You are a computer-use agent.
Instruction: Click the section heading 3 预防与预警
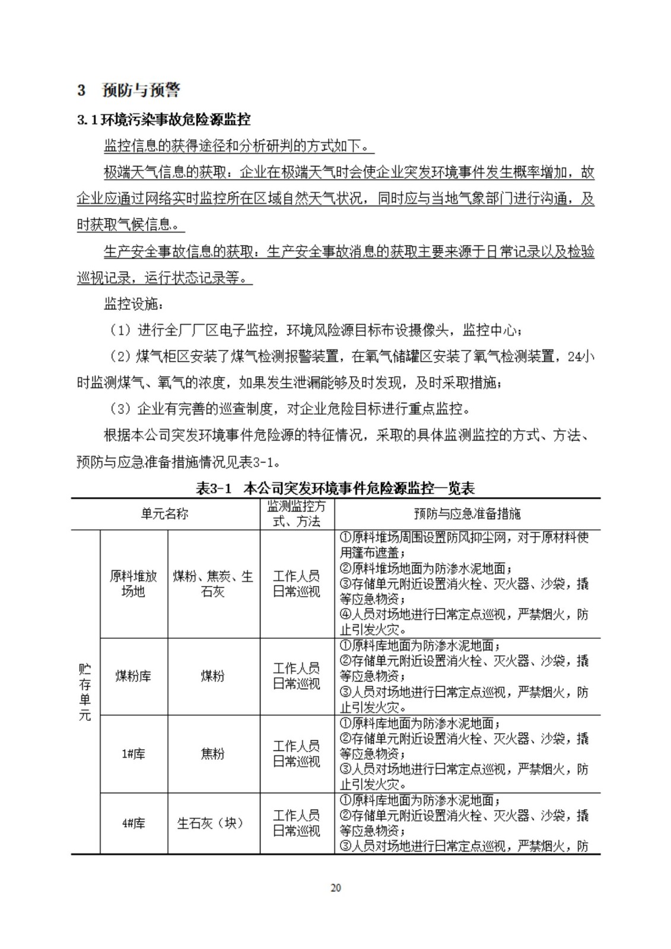(x=129, y=90)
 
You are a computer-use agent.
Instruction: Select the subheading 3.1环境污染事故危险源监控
(x=164, y=120)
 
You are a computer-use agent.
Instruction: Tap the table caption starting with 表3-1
(x=335, y=488)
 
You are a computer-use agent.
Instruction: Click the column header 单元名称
(x=165, y=514)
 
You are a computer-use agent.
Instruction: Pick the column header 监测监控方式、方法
(x=297, y=514)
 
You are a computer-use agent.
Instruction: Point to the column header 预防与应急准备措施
(x=467, y=514)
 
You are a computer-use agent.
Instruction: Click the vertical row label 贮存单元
(x=85, y=692)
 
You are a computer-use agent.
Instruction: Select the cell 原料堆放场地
(x=133, y=584)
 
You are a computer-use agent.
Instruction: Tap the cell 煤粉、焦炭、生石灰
(x=213, y=584)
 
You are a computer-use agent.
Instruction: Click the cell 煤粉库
(x=133, y=676)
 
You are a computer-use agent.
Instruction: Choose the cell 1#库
(x=133, y=754)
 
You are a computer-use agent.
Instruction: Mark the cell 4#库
(x=133, y=823)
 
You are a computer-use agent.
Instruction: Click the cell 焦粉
(x=213, y=754)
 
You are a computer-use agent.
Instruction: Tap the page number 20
(x=336, y=888)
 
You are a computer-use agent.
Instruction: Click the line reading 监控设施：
(x=132, y=304)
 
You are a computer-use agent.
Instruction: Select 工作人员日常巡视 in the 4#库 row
(x=297, y=823)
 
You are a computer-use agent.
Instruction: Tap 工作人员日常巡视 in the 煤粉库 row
(x=297, y=676)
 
